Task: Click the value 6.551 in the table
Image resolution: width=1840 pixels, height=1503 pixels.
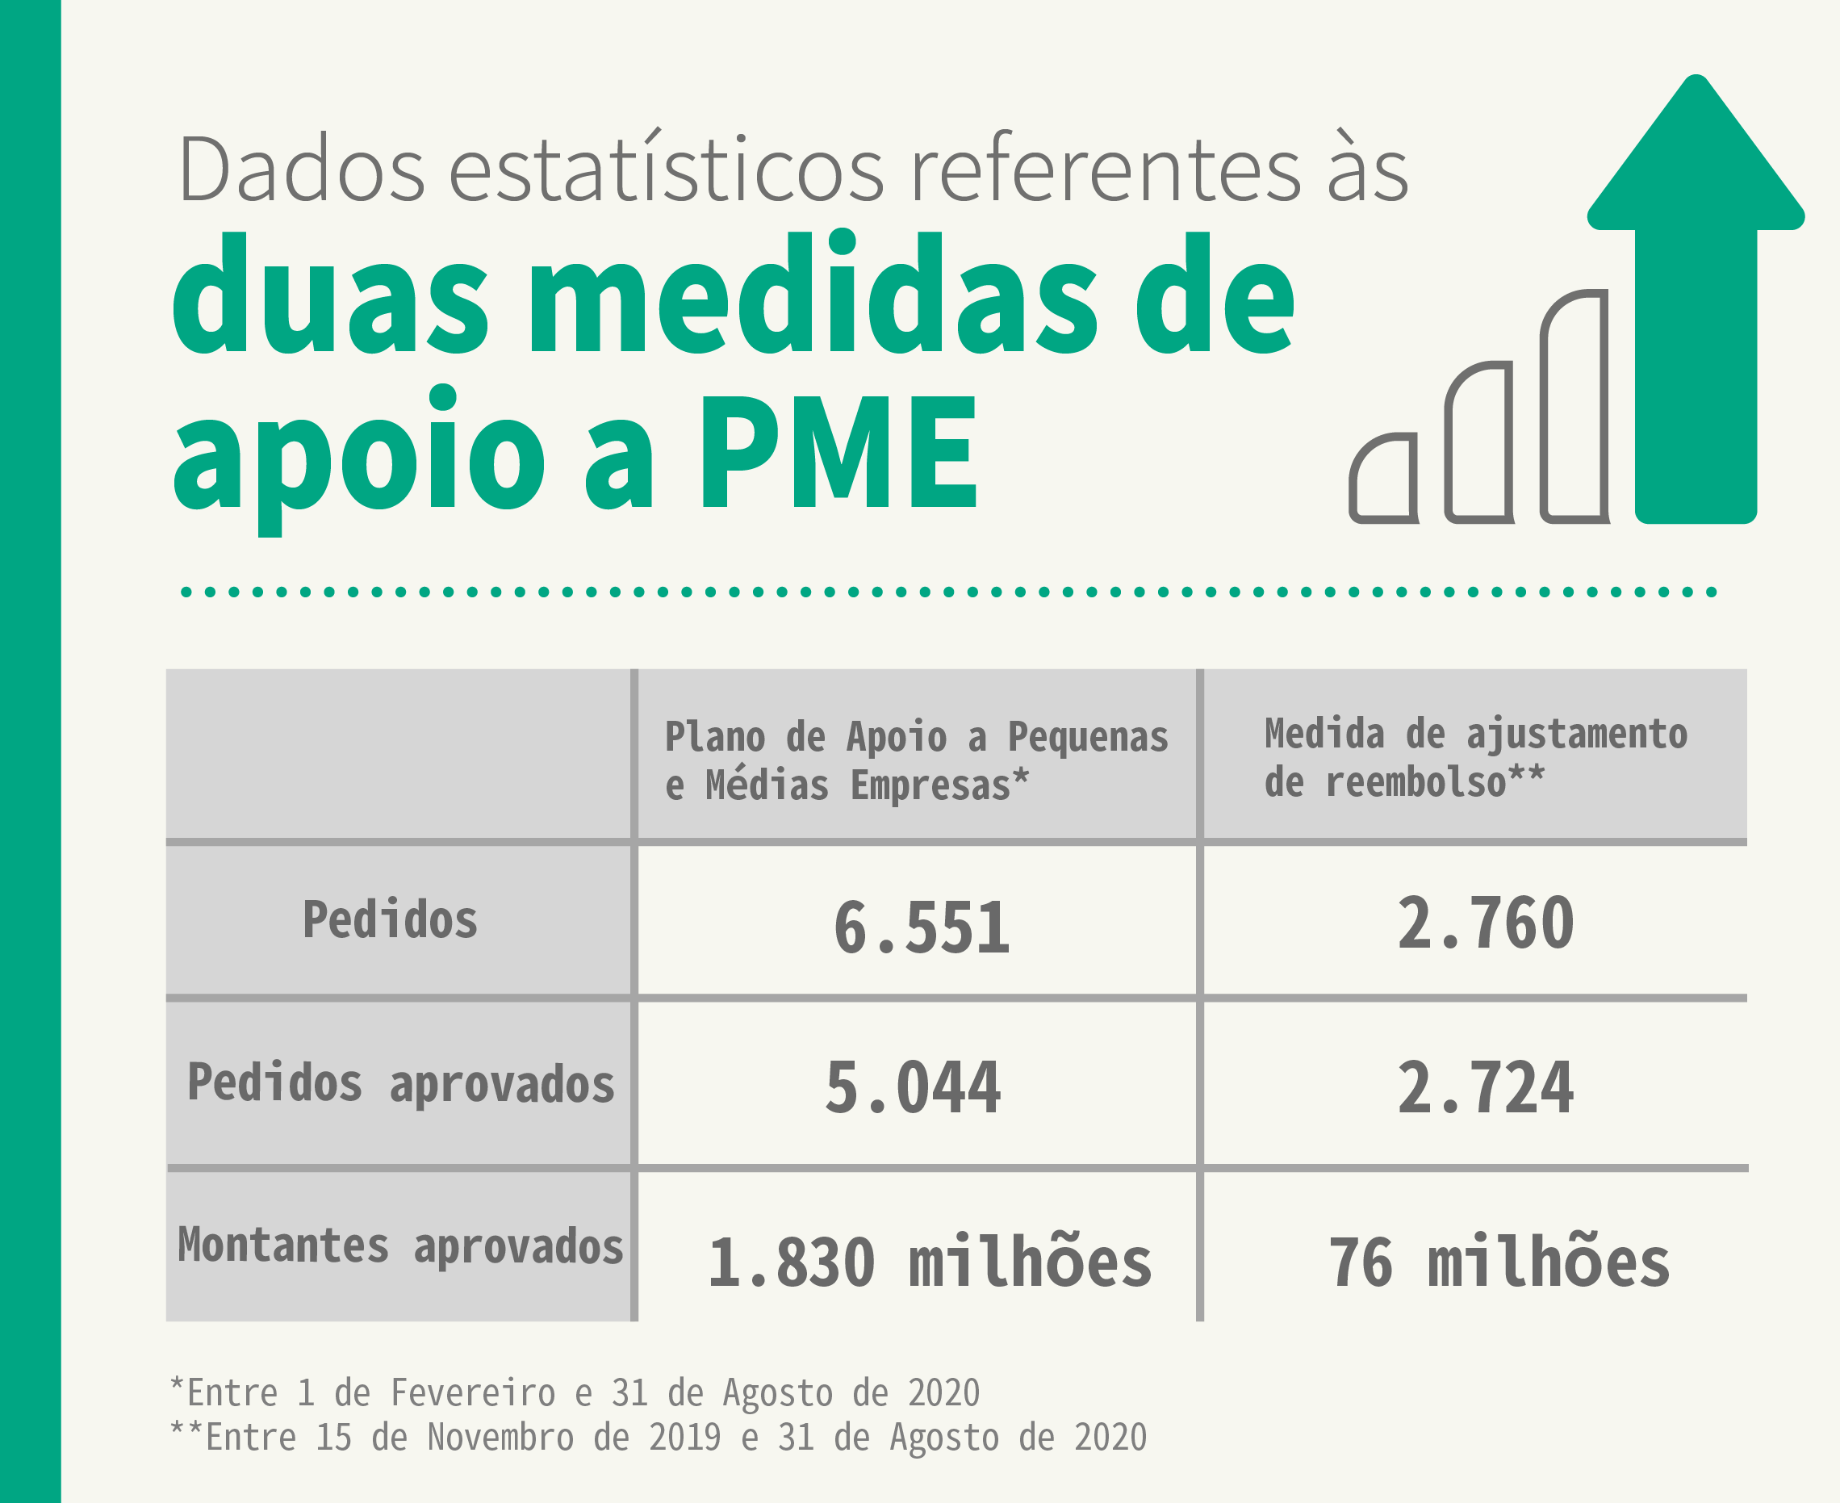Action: [x=921, y=927]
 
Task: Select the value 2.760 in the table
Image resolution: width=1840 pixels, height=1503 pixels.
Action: [x=1485, y=923]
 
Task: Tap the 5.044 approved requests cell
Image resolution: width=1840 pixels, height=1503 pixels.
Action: [x=913, y=1087]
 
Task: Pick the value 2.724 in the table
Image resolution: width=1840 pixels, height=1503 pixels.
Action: [x=1485, y=1087]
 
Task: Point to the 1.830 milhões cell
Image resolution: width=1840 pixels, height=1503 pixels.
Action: [x=930, y=1262]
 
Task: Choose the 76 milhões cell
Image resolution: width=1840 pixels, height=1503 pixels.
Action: [x=1499, y=1262]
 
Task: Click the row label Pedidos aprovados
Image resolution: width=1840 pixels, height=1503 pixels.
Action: [x=401, y=1083]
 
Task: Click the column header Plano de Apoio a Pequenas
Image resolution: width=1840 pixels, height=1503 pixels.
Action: [x=916, y=737]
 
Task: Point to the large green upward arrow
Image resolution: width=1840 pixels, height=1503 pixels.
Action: [x=1696, y=303]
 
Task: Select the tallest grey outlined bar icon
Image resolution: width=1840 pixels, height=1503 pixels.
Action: [x=1575, y=407]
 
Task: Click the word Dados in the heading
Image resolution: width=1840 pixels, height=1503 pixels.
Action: [x=301, y=169]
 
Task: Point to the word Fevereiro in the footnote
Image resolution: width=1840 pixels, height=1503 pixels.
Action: [x=473, y=1393]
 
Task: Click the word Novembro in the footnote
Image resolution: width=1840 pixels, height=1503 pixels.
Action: [x=500, y=1437]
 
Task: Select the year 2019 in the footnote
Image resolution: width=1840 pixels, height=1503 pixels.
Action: [x=684, y=1437]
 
